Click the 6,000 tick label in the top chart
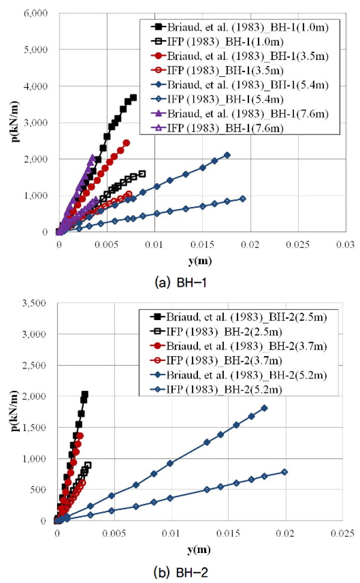36,13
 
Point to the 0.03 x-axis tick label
345,244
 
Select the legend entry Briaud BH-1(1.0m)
240,27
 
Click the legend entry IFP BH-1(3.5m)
217,70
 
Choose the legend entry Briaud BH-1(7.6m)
240,113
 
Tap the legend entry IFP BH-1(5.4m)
217,99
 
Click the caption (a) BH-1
181,283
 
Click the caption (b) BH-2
181,572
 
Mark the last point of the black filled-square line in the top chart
133,97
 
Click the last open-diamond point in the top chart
242,199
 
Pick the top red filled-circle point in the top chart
127,143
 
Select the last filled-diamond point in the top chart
227,155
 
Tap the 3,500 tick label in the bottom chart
34,303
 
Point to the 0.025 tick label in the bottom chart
342,534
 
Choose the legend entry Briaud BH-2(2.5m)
239,317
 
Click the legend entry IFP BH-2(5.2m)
216,389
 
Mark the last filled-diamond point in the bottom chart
264,408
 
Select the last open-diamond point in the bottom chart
284,472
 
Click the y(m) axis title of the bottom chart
199,549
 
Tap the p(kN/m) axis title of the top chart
15,121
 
